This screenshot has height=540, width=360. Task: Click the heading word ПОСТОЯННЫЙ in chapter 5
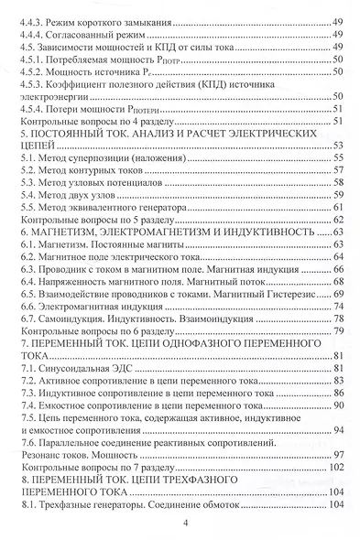[77, 133]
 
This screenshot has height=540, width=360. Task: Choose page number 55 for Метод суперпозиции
[336, 157]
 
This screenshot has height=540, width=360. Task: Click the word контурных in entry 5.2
[99, 170]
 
